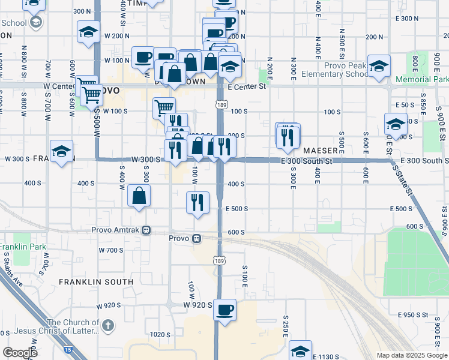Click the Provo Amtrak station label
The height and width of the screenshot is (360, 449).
click(116, 230)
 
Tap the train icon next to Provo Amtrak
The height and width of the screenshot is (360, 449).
click(146, 230)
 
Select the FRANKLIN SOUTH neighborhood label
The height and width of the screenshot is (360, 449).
click(96, 281)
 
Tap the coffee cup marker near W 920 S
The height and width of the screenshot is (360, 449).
click(224, 310)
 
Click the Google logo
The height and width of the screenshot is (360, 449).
click(20, 353)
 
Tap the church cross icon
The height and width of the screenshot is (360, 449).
click(107, 326)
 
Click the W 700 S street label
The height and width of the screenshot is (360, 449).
click(110, 250)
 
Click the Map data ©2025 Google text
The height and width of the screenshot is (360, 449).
click(411, 355)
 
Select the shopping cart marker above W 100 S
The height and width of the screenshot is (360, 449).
click(163, 107)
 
